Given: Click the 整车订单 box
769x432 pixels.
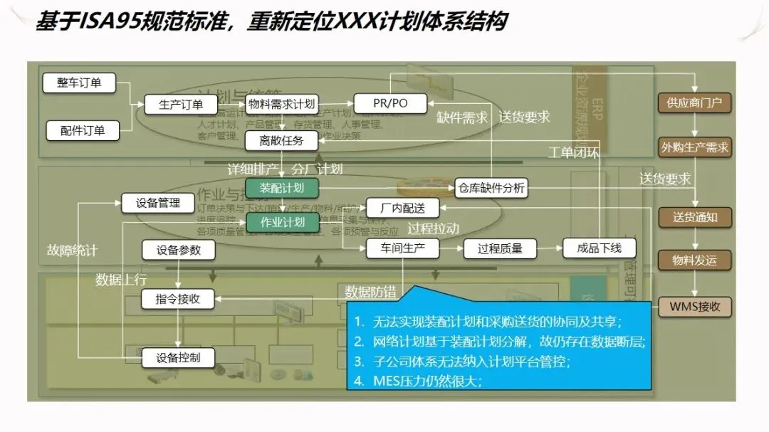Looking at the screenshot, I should tap(79, 83).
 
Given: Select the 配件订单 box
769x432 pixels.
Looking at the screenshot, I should tap(82, 130).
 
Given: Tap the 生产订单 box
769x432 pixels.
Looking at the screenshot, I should tap(180, 105).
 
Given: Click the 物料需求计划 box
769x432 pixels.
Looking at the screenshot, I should tap(281, 104).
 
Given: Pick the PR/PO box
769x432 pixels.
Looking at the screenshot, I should tap(390, 104).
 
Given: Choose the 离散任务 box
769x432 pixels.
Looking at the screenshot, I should tap(281, 141).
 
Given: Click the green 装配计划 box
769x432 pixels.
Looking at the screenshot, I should tap(281, 188).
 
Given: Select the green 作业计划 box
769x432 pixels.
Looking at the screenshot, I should tap(282, 222).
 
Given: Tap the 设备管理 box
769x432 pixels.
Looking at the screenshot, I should tap(158, 203).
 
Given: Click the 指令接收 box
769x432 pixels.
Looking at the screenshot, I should tap(178, 300).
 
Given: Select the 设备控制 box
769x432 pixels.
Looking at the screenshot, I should tap(178, 358).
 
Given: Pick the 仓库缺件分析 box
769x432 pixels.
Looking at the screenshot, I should tap(491, 188).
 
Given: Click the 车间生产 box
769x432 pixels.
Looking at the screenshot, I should tap(402, 248).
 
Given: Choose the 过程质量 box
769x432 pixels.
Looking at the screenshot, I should tap(500, 248).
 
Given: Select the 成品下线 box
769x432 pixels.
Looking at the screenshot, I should tap(599, 248).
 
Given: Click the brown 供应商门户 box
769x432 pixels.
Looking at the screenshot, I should tap(694, 102).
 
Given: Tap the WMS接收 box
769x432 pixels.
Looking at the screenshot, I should tap(694, 307).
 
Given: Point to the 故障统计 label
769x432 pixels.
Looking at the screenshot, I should tap(72, 251).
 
